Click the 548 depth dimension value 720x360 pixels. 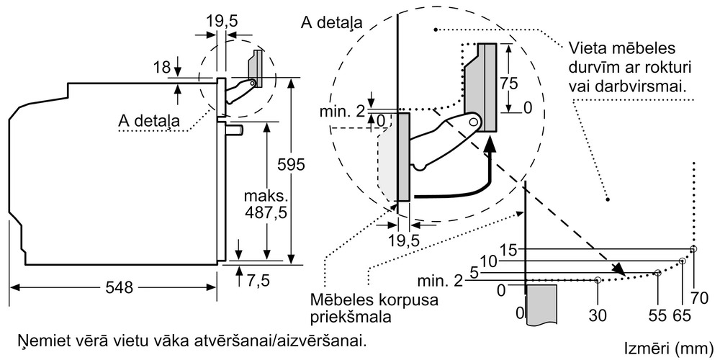pos(119,287)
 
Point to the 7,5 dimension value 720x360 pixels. pos(257,281)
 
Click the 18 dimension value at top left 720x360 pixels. pos(161,68)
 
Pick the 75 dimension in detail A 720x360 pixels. pos(509,84)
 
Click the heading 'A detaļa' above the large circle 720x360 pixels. pos(331,23)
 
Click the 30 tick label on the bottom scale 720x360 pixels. pos(597,315)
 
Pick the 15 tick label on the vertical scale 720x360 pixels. pos(508,250)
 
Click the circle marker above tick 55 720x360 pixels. pos(657,273)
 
